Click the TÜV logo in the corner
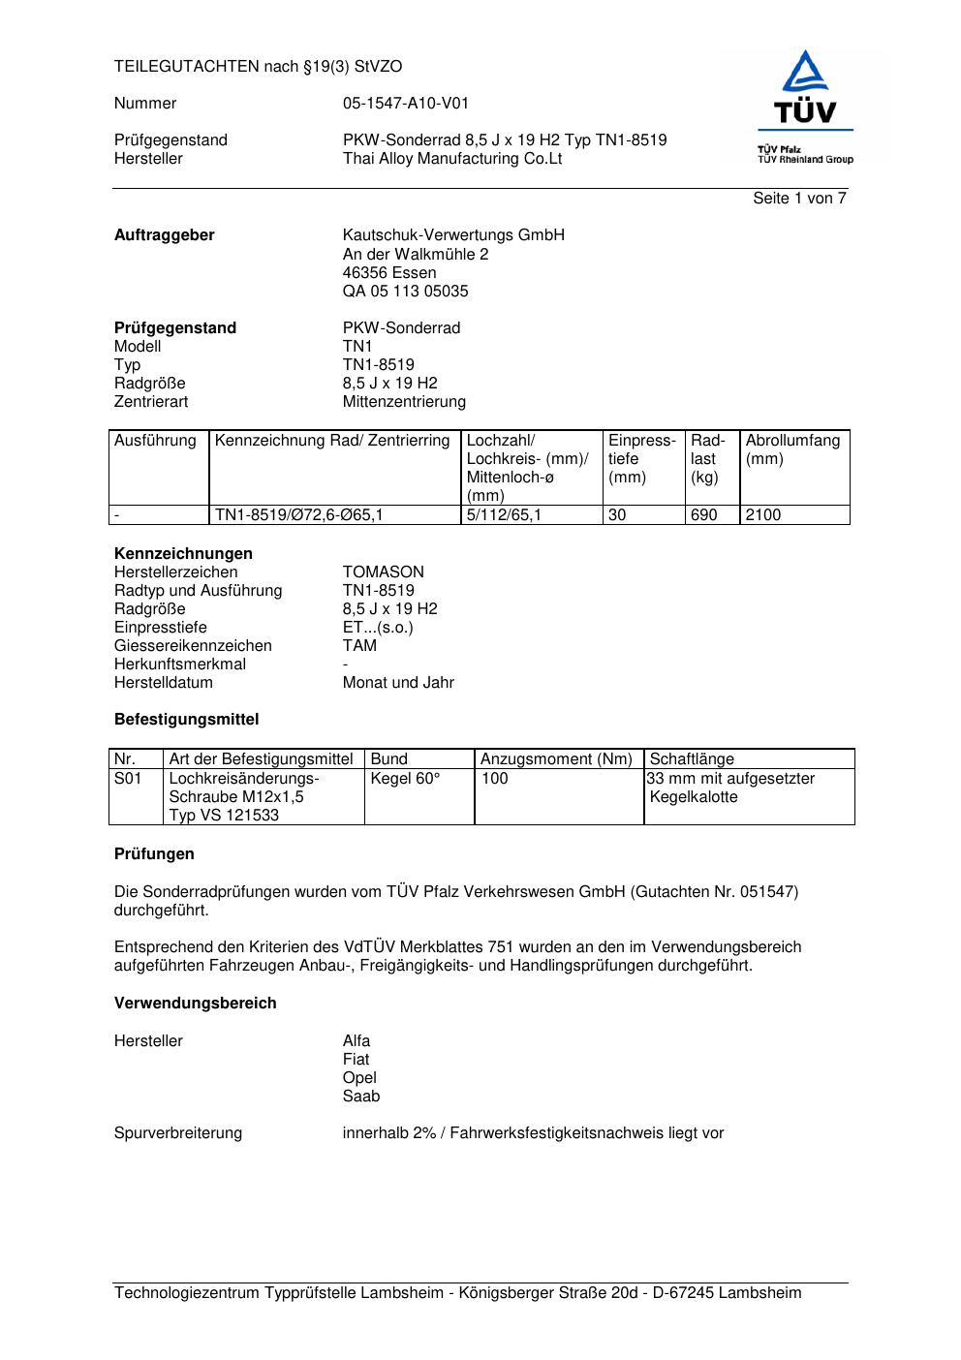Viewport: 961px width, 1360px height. pyautogui.click(x=804, y=106)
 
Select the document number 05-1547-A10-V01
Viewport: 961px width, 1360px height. pyautogui.click(x=405, y=104)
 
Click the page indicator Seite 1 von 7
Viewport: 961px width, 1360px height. pyautogui.click(x=799, y=199)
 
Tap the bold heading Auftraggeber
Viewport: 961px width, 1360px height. pyautogui.click(x=165, y=235)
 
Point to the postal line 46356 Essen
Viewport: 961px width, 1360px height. pyautogui.click(x=389, y=273)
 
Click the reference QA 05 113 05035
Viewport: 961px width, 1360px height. pyautogui.click(x=405, y=292)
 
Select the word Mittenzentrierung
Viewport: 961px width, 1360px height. pyautogui.click(x=404, y=402)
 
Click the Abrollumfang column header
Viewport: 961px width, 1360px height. pyautogui.click(x=792, y=441)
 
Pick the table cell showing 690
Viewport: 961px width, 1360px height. pyautogui.click(x=704, y=515)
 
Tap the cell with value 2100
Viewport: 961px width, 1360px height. pyautogui.click(x=763, y=515)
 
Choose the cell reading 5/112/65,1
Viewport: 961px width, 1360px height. pyautogui.click(x=504, y=515)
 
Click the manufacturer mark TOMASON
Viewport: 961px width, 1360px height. pyautogui.click(x=383, y=572)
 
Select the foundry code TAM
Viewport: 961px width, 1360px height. pyautogui.click(x=359, y=646)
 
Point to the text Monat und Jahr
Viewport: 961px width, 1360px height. pyautogui.click(x=398, y=683)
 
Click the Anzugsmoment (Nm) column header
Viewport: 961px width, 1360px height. pyautogui.click(x=556, y=759)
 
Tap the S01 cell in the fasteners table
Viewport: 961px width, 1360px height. pyautogui.click(x=128, y=779)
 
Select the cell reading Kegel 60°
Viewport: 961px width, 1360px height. pyautogui.click(x=405, y=779)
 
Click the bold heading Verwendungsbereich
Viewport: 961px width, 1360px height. pyautogui.click(x=195, y=1004)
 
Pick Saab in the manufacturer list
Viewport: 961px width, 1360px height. pyautogui.click(x=361, y=1097)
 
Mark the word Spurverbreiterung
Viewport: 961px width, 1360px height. pyautogui.click(x=178, y=1133)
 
